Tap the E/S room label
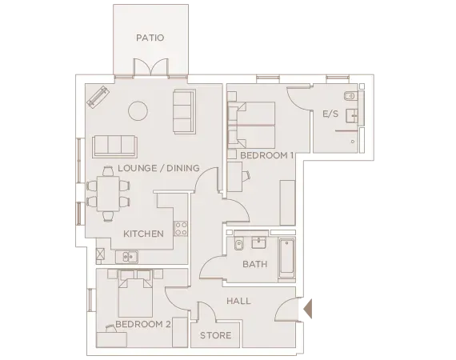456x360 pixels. [330, 114]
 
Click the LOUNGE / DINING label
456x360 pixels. [158, 168]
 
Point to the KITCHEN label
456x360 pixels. [143, 234]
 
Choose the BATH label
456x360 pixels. [254, 264]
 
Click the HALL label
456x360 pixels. [238, 302]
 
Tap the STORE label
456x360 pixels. [215, 335]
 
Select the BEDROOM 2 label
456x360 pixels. [143, 324]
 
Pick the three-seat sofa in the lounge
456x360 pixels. [114, 146]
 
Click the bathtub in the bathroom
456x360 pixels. [286, 258]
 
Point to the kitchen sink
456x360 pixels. [127, 257]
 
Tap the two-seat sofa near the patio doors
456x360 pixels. [183, 113]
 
